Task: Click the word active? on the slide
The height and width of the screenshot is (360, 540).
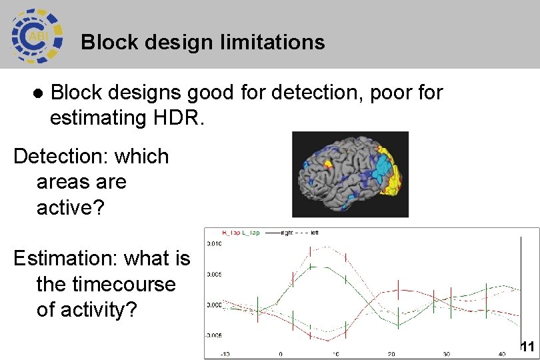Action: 71,207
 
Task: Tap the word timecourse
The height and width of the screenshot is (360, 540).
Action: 106,284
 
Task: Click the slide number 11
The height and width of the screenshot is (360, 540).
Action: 527,346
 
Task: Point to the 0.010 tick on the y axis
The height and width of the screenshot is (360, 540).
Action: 214,244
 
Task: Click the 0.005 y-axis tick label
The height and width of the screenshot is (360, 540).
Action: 214,274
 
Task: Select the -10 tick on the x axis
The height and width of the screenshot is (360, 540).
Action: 225,353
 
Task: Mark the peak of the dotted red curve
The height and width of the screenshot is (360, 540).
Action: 320,247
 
